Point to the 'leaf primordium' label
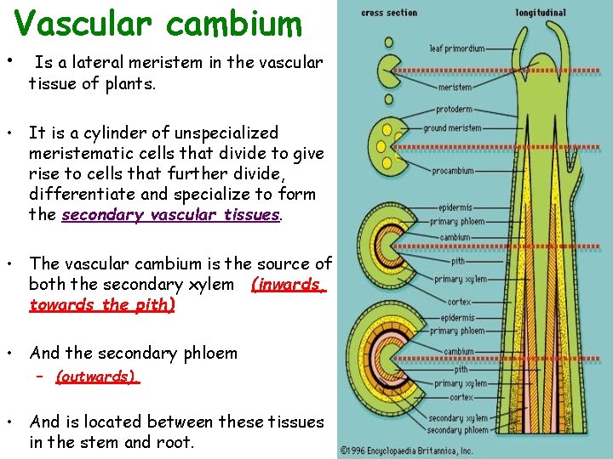click(456, 48)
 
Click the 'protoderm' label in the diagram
click(454, 110)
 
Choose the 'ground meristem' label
click(452, 128)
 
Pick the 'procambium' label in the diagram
click(452, 170)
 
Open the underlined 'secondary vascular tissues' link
click(171, 215)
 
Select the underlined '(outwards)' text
click(97, 377)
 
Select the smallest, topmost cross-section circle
click(388, 42)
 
